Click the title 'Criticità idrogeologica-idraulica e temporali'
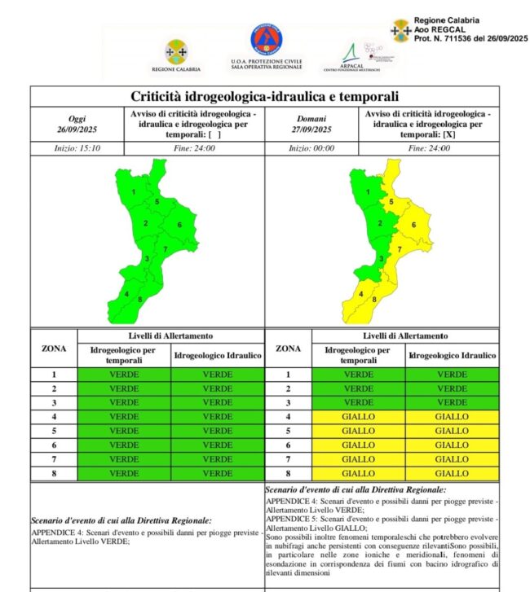point(264,97)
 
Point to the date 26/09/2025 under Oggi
point(77,129)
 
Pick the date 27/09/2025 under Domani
point(311,129)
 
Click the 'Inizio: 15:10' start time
point(77,148)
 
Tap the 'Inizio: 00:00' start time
point(311,148)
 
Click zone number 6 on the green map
point(179,225)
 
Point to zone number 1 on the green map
point(133,192)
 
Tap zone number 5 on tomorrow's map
point(392,201)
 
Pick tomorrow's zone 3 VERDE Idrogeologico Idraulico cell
point(453,402)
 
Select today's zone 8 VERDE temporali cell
point(124,472)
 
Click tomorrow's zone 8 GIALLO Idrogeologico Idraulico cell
point(453,472)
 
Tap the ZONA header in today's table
point(54,349)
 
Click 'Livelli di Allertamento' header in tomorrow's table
point(405,335)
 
